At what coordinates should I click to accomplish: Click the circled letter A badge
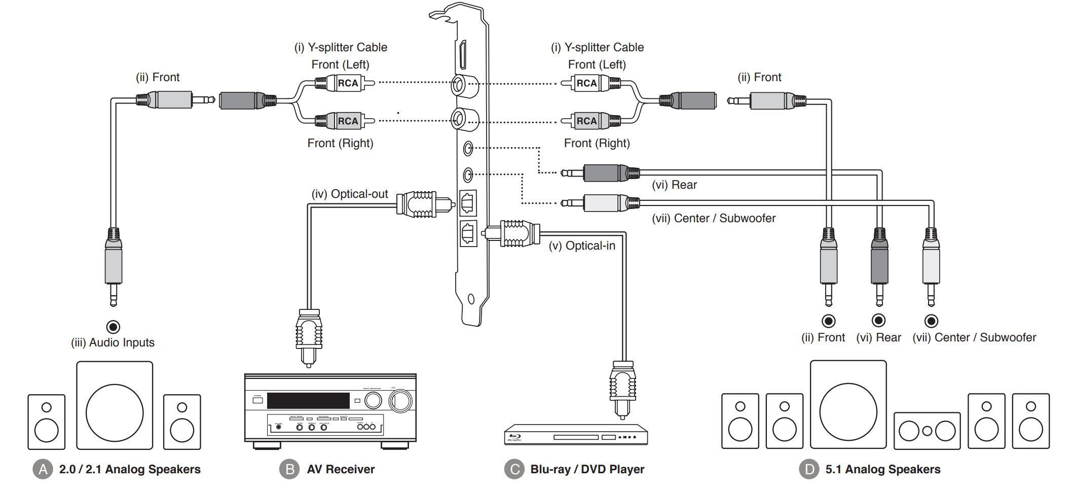tap(43, 469)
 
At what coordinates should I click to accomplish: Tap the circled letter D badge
tap(809, 469)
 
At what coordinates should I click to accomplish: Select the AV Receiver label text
tap(341, 469)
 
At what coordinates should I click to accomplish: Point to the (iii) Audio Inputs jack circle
tap(114, 327)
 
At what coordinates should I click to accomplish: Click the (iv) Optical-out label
tap(350, 194)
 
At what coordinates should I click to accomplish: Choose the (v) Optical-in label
tap(582, 246)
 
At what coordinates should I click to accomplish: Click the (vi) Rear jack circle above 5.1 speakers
tap(878, 321)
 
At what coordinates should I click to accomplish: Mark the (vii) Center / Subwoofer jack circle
tap(931, 321)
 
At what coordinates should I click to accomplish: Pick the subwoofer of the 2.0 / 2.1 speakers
tap(115, 406)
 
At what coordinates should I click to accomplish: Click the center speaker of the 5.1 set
tap(927, 431)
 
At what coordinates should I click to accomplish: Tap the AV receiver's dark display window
tap(308, 401)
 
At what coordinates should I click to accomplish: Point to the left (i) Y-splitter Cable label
tap(341, 47)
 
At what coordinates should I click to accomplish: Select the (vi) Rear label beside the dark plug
tap(674, 185)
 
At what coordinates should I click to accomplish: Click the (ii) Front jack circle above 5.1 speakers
tap(829, 321)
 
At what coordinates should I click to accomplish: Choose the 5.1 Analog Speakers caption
tap(882, 469)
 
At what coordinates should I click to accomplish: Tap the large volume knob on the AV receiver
tap(400, 401)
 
